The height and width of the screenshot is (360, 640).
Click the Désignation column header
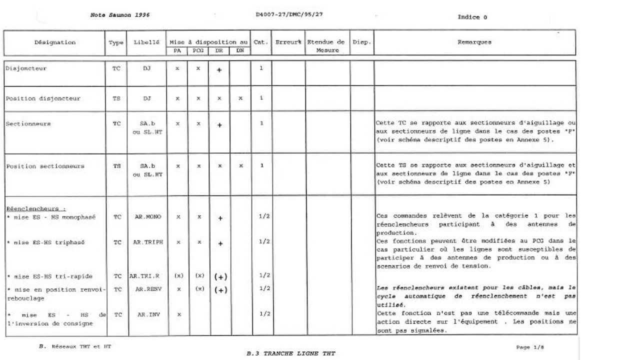pyautogui.click(x=55, y=42)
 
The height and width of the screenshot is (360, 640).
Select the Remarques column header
pyautogui.click(x=474, y=42)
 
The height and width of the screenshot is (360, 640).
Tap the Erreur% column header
pyautogui.click(x=288, y=42)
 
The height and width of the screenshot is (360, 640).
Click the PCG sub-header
pyautogui.click(x=198, y=51)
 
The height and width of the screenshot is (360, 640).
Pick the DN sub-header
pyautogui.click(x=240, y=51)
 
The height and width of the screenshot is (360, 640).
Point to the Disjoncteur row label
pyautogui.click(x=26, y=68)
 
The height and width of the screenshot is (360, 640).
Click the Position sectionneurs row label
pyautogui.click(x=45, y=166)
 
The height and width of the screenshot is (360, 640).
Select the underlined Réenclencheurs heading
pyautogui.click(x=36, y=208)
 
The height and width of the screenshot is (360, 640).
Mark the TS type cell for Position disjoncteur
pyautogui.click(x=116, y=99)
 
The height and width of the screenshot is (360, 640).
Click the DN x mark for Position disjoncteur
pyautogui.click(x=240, y=99)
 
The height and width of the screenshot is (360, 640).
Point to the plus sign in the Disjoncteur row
pyautogui.click(x=219, y=70)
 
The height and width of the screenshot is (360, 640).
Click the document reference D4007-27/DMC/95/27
pyautogui.click(x=289, y=14)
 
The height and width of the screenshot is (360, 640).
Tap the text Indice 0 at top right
pyautogui.click(x=472, y=17)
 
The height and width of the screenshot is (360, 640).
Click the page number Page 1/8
pyautogui.click(x=530, y=347)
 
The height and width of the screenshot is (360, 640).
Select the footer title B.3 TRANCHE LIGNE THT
pyautogui.click(x=290, y=353)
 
